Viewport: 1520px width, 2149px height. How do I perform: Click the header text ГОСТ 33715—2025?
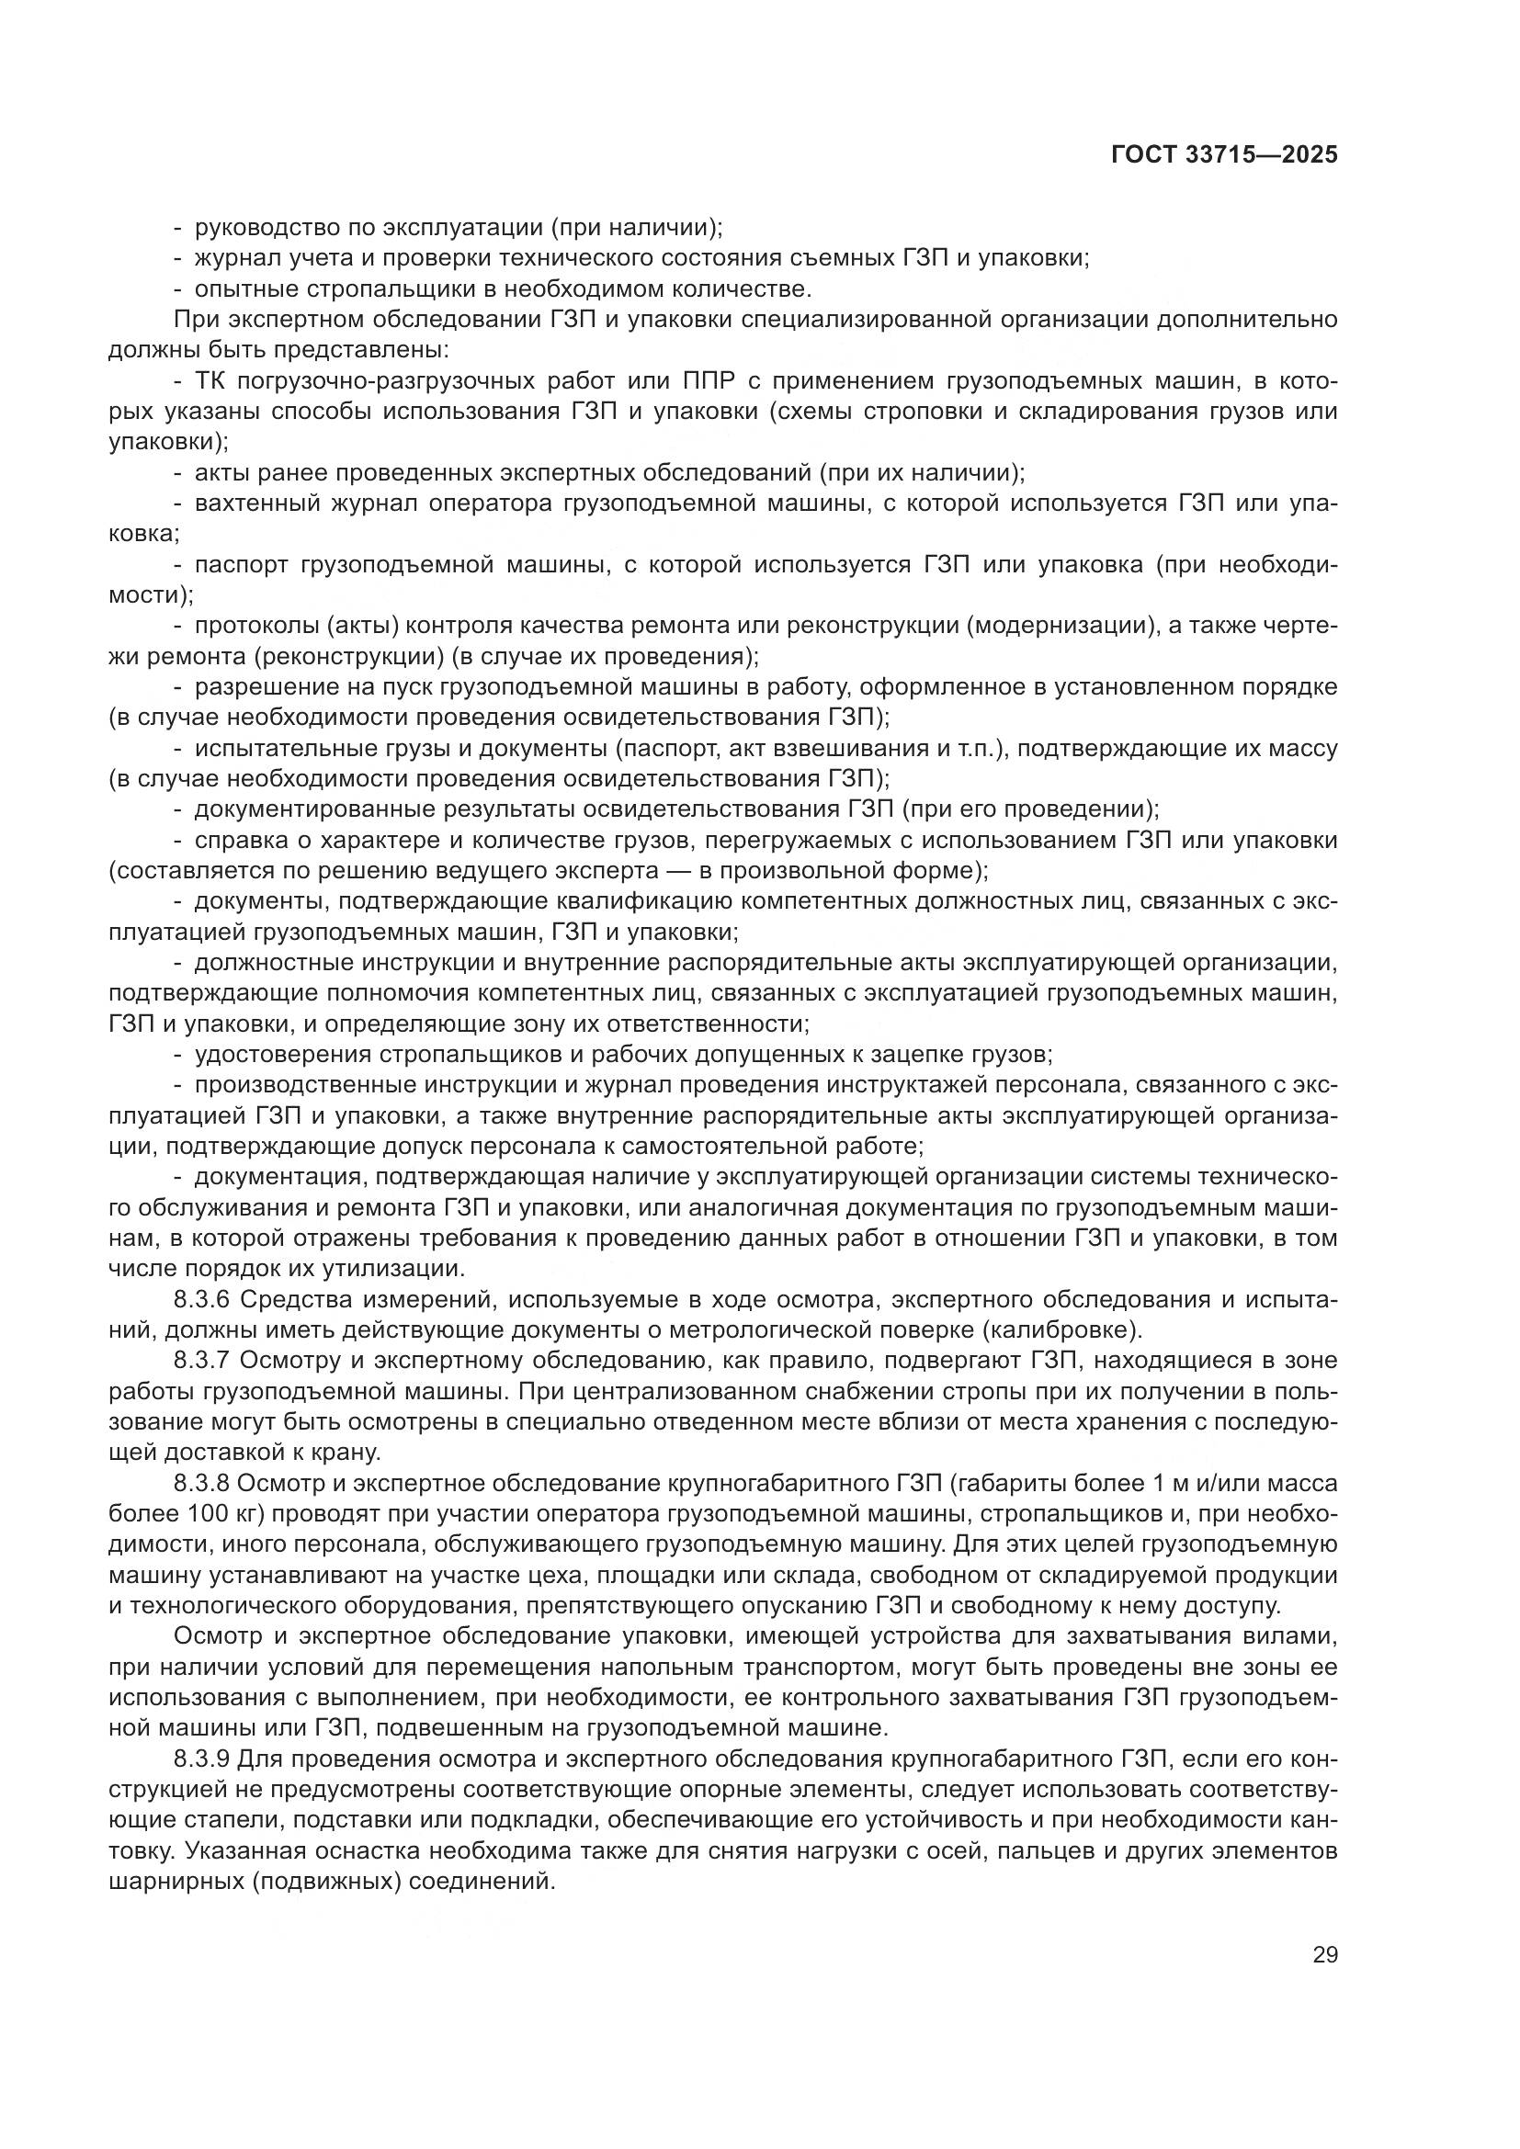coord(1224,155)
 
